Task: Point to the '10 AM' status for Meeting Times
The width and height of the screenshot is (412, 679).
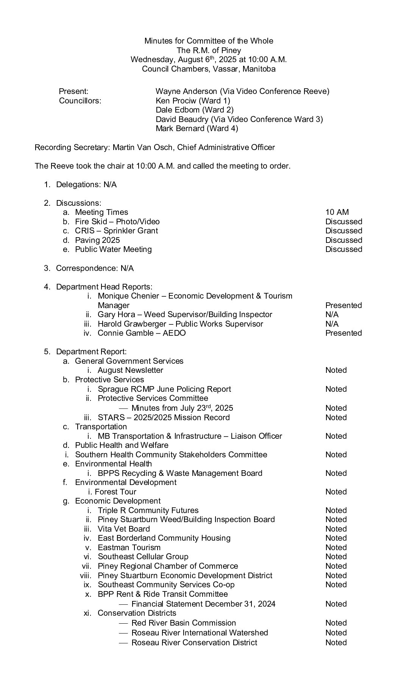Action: click(x=337, y=212)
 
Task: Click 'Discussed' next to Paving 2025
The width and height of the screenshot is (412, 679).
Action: click(x=343, y=240)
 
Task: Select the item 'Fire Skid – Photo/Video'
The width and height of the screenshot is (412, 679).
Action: click(x=117, y=222)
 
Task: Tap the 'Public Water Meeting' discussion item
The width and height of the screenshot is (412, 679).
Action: click(x=113, y=249)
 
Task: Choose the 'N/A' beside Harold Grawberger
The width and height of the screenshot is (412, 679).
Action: click(x=332, y=324)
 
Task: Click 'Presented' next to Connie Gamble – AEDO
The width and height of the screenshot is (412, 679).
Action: click(x=343, y=333)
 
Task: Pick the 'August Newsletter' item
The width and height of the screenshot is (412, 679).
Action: click(x=130, y=370)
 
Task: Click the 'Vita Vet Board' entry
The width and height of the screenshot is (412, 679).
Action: click(x=123, y=529)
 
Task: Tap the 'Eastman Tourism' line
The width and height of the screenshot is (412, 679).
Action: click(x=129, y=548)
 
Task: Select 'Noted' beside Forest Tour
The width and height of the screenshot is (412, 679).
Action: click(x=336, y=492)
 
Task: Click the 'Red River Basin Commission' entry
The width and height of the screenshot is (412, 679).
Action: click(x=183, y=623)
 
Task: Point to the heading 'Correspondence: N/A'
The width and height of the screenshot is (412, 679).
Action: click(x=95, y=268)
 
